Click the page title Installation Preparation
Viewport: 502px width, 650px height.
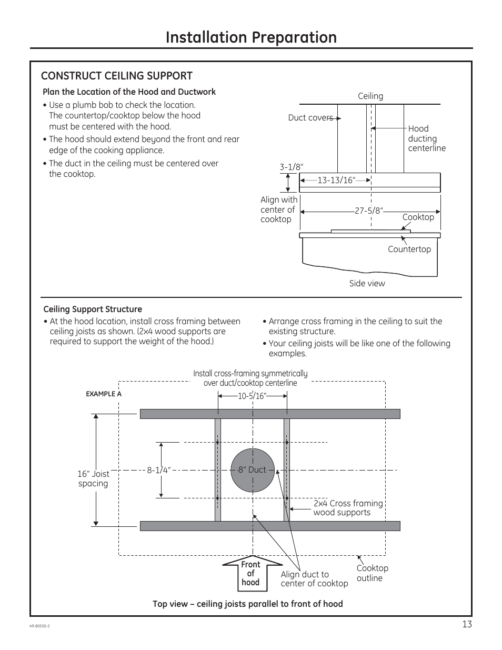click(x=251, y=37)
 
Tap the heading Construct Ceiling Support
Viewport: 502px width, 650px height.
click(x=117, y=76)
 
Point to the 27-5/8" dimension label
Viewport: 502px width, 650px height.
click(x=369, y=211)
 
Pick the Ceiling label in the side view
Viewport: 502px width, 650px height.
click(x=370, y=96)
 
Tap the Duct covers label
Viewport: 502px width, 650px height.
click(x=310, y=118)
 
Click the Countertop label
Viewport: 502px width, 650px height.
click(x=409, y=249)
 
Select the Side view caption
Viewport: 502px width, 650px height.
click(x=367, y=284)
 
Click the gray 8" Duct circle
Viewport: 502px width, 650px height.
click(x=253, y=470)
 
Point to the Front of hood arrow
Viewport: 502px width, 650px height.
click(x=251, y=573)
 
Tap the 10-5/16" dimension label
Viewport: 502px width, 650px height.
click(x=253, y=396)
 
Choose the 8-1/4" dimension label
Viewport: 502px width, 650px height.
click(x=159, y=470)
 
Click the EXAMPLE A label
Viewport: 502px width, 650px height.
click(x=104, y=394)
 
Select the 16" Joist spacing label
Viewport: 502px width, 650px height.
click(x=93, y=479)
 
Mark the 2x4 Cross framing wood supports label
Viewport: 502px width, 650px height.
click(x=348, y=508)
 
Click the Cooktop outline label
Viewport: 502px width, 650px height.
click(x=373, y=573)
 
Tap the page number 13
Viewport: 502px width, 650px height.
click(x=467, y=625)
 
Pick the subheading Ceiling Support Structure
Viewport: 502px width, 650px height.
click(x=93, y=309)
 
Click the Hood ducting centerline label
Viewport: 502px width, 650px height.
click(x=426, y=138)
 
